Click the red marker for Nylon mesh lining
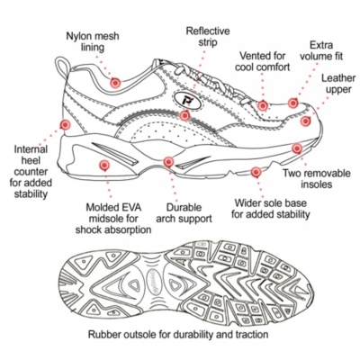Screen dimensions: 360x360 [115, 83]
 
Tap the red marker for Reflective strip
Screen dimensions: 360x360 [184, 115]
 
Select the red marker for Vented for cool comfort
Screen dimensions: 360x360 [263, 105]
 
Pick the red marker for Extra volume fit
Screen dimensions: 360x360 [293, 103]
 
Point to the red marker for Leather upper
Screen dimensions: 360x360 [305, 121]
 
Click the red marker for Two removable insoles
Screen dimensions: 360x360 [297, 148]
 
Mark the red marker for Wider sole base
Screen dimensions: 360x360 [256, 172]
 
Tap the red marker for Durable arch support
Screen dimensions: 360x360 [168, 162]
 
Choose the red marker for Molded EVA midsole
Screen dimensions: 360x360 [104, 165]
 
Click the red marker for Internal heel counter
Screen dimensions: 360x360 [65, 124]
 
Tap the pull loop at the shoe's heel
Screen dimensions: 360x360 [62, 67]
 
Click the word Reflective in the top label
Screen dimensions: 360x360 [208, 31]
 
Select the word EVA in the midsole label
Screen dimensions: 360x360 [130, 207]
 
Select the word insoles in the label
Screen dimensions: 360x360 [317, 184]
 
